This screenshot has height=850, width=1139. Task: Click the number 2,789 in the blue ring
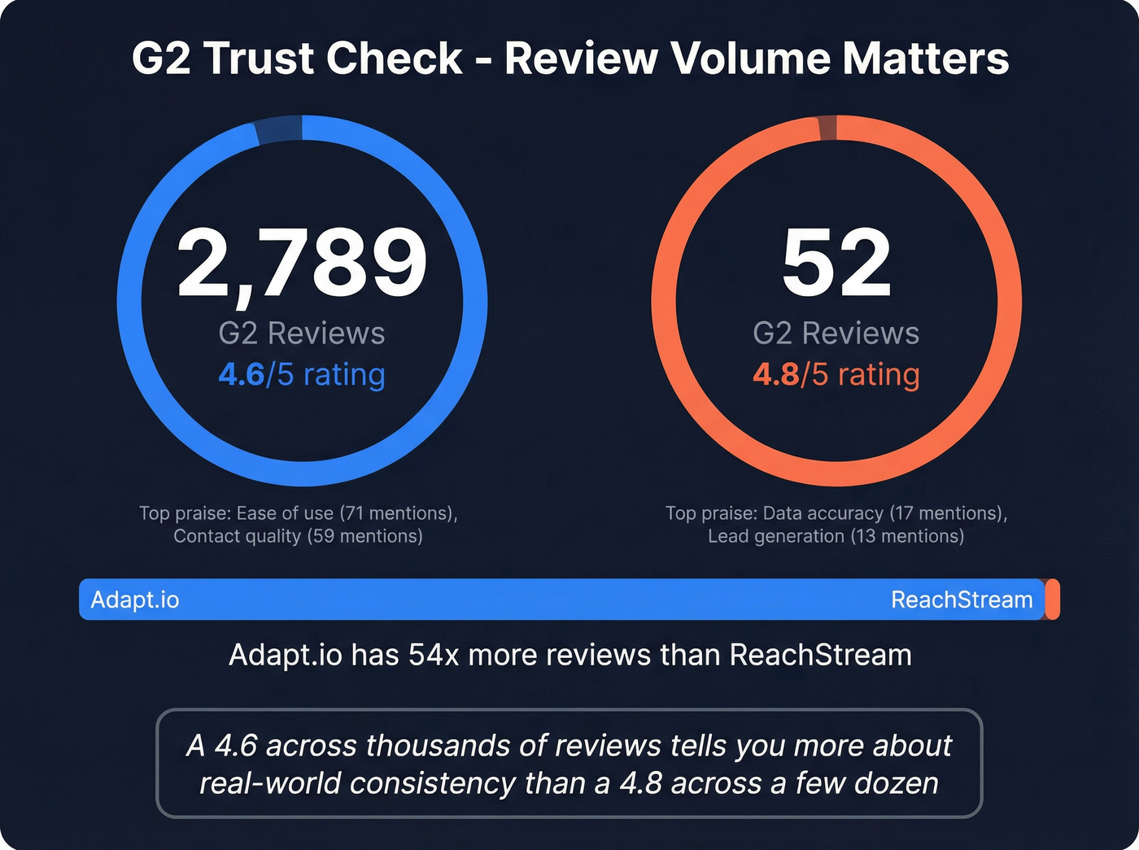click(302, 262)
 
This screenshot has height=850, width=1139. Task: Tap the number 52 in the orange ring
click(836, 262)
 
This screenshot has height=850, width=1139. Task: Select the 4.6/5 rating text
click(302, 374)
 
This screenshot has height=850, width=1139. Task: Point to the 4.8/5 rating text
click(836, 374)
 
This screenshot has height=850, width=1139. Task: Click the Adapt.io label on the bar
click(135, 599)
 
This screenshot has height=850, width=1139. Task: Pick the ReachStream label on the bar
click(962, 599)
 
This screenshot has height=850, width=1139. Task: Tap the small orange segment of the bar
click(1053, 599)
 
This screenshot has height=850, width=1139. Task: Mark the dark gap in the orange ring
click(827, 128)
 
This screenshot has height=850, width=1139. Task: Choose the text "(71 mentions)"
click(398, 513)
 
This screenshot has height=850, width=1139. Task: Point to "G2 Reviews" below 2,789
click(302, 333)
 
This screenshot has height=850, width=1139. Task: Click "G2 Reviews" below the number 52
click(836, 333)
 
